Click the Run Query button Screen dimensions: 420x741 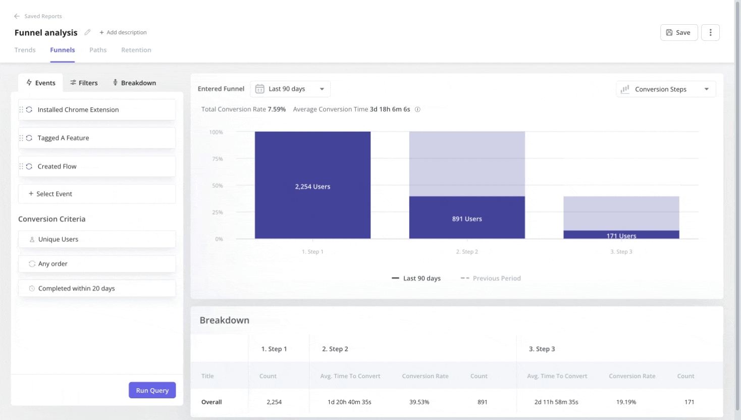pos(152,390)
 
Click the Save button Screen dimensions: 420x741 pos(678,32)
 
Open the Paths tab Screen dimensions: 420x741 pos(98,50)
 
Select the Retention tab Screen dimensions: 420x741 pos(136,50)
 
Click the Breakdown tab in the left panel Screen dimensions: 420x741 pos(134,83)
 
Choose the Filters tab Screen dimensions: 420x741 pos(84,83)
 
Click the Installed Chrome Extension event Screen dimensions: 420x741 pos(78,110)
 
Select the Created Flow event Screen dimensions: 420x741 pos(57,166)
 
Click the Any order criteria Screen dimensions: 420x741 pos(53,264)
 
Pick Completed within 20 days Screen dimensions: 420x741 pos(77,288)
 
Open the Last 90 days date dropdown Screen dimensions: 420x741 pos(290,89)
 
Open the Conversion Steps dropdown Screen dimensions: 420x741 pos(665,89)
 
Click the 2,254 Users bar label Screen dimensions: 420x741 pos(312,187)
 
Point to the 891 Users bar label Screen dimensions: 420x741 pos(467,219)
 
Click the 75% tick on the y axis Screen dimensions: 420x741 pos(218,159)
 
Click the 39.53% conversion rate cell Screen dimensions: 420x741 pos(419,402)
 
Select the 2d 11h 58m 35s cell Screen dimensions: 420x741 pos(556,402)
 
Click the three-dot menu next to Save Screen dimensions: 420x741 pos(710,32)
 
